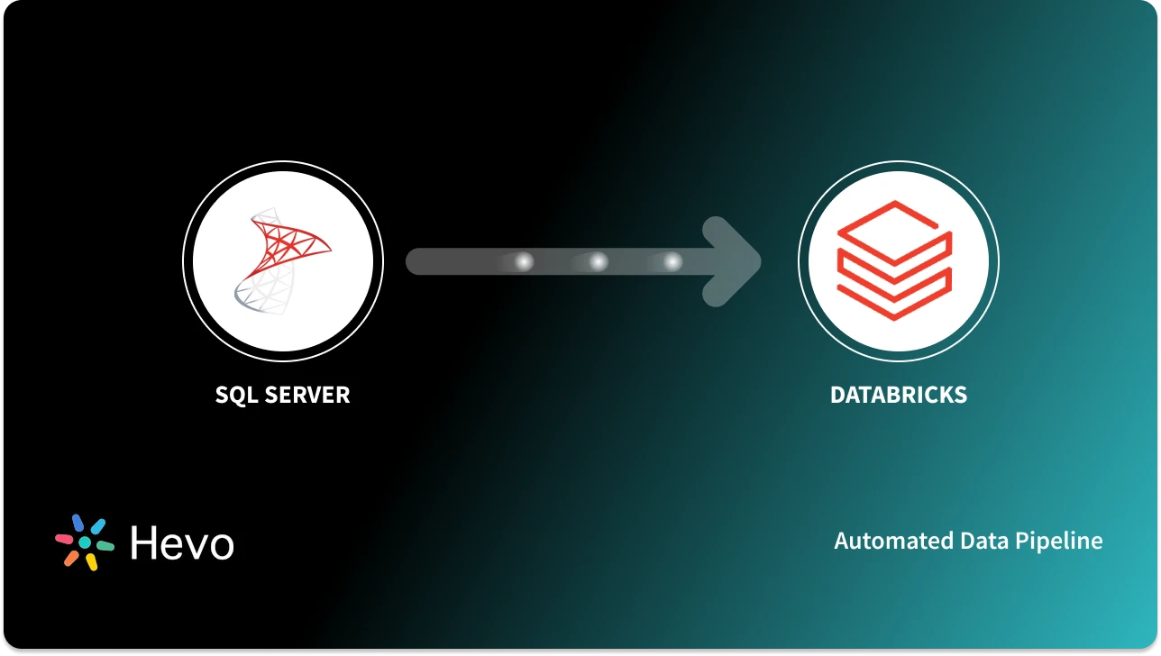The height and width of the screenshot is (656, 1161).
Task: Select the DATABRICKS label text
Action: pos(898,395)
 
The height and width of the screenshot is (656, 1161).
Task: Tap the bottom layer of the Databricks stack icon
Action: pos(894,297)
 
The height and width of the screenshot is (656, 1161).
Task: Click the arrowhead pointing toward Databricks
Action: pos(735,262)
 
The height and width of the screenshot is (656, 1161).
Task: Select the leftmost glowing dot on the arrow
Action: pos(524,262)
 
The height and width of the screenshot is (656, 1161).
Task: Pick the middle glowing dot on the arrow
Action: pos(598,262)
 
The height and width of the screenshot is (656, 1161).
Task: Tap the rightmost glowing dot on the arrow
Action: pos(672,262)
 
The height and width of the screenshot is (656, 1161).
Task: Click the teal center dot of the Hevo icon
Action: pos(85,542)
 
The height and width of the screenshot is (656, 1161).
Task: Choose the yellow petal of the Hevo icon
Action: pos(91,562)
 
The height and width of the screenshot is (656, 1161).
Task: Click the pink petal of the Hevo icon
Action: pos(64,538)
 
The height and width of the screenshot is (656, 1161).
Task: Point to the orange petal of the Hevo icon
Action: pos(70,558)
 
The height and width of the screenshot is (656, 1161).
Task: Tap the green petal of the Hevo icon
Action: pos(105,546)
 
